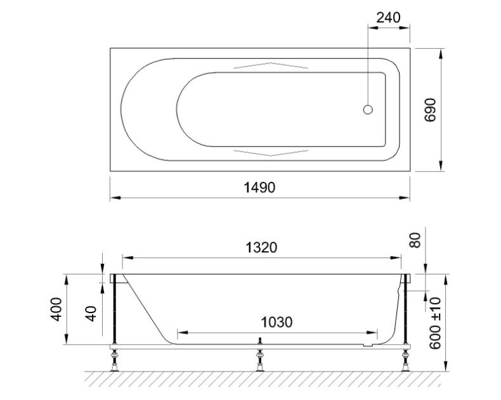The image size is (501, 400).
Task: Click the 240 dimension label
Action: point(387,18)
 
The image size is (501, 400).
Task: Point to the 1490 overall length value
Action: point(260,188)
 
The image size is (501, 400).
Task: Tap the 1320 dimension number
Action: point(261,247)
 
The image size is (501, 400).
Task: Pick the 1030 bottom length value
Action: point(277,322)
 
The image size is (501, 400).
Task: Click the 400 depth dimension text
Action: point(57,309)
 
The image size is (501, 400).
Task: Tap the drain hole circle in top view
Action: point(368,109)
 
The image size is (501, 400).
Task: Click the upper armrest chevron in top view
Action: point(271,66)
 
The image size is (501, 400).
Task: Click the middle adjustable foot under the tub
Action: point(259,361)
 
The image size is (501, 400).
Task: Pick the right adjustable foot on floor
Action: point(405,361)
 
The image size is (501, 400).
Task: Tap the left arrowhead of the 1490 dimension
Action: point(115,198)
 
